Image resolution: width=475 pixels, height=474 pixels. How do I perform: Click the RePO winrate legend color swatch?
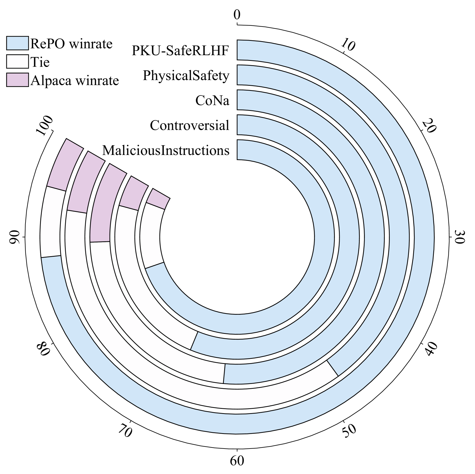coord(17,43)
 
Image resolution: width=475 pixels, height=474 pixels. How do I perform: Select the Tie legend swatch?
coord(17,61)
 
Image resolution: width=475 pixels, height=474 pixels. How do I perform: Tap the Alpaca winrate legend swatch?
coord(17,80)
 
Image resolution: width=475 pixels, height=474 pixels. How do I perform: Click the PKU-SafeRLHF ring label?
coord(180,50)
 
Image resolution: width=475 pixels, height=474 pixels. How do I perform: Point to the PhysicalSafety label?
coord(186,75)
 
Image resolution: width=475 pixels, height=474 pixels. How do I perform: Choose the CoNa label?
coord(212,100)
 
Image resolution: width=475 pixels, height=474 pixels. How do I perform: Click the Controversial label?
coord(189,125)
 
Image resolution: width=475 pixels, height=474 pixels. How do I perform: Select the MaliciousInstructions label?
coord(166,150)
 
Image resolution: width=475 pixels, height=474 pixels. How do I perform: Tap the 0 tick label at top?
coord(237,15)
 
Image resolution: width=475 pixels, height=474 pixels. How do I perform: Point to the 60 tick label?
coord(237,461)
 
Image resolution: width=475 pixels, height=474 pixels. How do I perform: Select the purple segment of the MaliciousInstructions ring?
coord(159,199)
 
